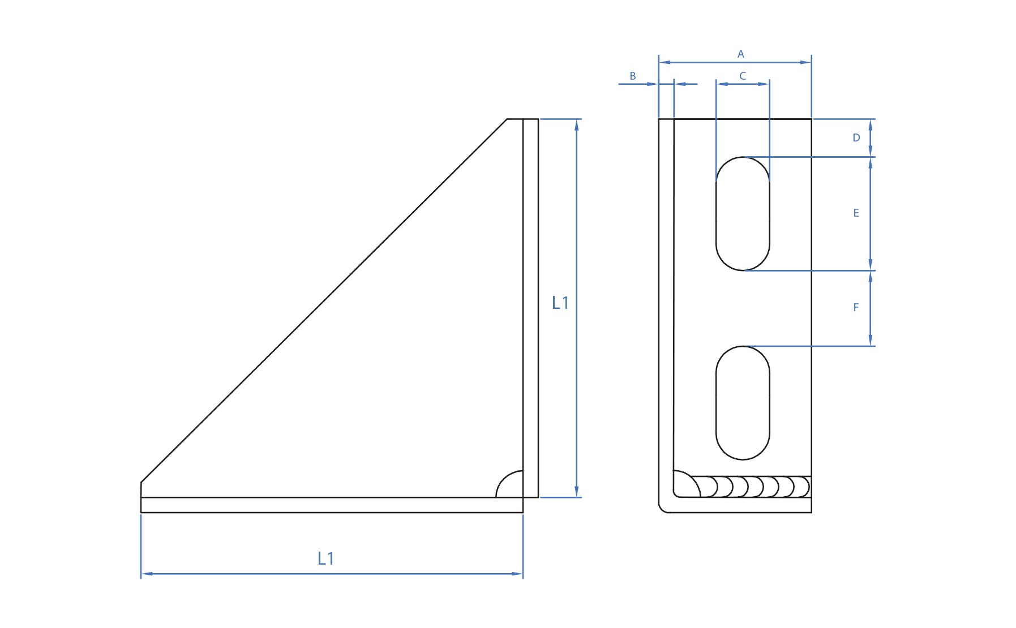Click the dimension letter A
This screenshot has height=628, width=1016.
[740, 54]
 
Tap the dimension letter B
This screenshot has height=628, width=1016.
[633, 76]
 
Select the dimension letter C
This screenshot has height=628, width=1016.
[743, 76]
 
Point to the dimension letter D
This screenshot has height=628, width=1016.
[856, 137]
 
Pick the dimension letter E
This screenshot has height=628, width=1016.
[856, 213]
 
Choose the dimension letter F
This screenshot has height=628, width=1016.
[856, 307]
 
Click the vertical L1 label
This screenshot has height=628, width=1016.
[560, 303]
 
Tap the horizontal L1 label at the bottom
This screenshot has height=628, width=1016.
[325, 558]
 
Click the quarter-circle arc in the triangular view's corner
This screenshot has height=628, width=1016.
[501, 479]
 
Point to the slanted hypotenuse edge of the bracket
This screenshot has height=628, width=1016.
[324, 300]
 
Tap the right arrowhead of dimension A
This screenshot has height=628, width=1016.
[806, 62]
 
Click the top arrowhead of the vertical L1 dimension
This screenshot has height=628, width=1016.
[576, 124]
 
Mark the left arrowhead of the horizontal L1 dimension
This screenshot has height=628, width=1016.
[147, 574]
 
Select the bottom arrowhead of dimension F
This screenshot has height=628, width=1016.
[871, 340]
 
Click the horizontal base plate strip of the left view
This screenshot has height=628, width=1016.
[332, 505]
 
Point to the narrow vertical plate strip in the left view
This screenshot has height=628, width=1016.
[530, 308]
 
